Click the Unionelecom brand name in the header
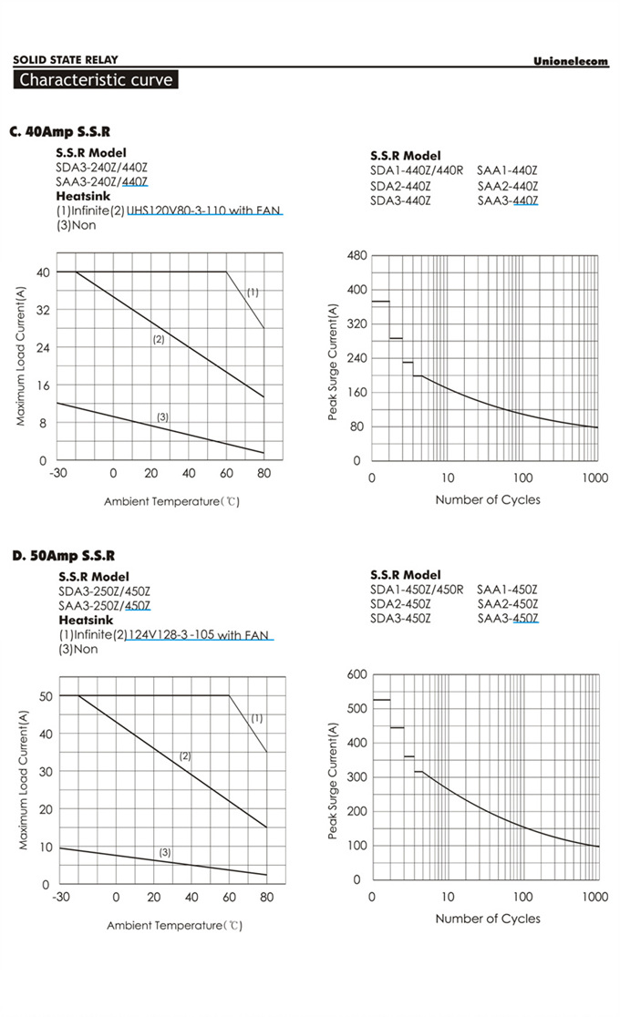[x=571, y=61]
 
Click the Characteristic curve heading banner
[x=96, y=80]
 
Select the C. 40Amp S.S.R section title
[x=60, y=132]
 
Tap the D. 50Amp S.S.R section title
[x=64, y=556]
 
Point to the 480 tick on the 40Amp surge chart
[x=356, y=256]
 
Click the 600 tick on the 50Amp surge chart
[x=356, y=674]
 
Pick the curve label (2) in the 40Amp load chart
[x=158, y=339]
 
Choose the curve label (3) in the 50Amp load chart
[x=165, y=852]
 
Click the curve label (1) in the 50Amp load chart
[x=256, y=718]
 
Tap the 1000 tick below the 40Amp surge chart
[x=594, y=478]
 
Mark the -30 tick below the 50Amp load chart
[x=60, y=897]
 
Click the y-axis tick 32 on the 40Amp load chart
[x=42, y=310]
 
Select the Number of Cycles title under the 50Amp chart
[x=487, y=919]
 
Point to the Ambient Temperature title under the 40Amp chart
[x=171, y=501]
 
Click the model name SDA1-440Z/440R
[x=417, y=170]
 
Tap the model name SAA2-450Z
[x=507, y=603]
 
